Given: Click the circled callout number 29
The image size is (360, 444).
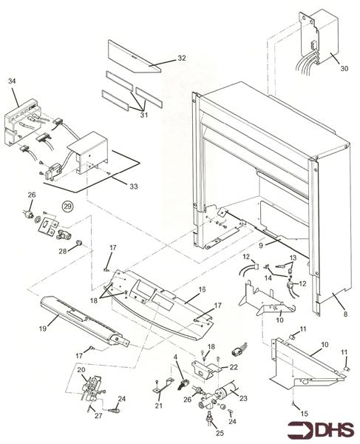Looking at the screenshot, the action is click(68, 206).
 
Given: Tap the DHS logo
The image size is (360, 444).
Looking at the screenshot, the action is click(321, 429).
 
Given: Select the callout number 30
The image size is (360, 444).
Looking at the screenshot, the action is click(344, 68).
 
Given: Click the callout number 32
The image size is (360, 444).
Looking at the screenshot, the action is click(182, 58).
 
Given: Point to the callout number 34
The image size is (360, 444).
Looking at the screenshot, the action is click(12, 81).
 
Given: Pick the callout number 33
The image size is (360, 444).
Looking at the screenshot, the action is click(134, 186).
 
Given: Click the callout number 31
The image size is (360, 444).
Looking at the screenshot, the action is click(144, 115).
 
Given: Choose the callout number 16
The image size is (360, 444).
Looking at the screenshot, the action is click(203, 289).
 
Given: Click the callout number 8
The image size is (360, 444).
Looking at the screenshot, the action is click(345, 314).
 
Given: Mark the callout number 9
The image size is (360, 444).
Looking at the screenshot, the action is click(261, 245).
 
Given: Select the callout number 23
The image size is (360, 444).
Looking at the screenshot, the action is click(243, 398).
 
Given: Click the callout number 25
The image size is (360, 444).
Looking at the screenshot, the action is click(220, 433).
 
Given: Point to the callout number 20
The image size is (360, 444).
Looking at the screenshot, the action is click(81, 370).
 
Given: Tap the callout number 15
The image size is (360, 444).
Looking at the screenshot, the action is click(304, 414).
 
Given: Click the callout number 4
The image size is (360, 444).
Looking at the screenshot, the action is click(176, 357).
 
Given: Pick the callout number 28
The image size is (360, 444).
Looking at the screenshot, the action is click(63, 251).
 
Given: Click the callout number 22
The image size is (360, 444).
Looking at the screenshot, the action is click(234, 367).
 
